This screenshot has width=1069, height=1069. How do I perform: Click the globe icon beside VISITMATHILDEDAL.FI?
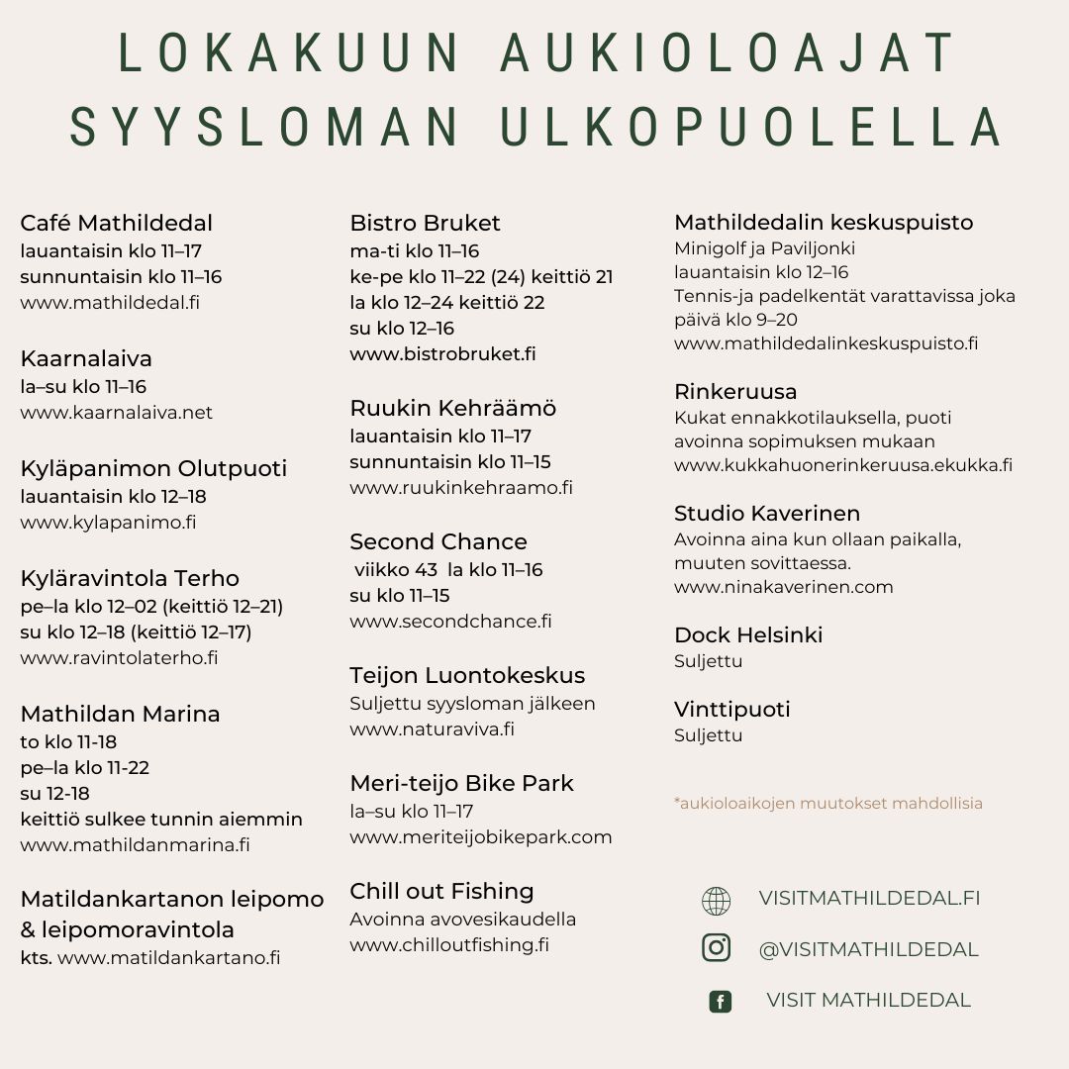click(716, 901)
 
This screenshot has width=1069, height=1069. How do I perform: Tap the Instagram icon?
click(716, 948)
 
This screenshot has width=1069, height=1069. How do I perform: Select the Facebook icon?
click(721, 1002)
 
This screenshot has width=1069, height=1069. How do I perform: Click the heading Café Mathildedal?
click(116, 224)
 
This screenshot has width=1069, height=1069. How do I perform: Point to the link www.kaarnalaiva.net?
click(116, 413)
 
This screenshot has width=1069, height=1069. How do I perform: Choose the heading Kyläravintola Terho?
click(130, 578)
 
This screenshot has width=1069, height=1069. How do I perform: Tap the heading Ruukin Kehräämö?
click(452, 408)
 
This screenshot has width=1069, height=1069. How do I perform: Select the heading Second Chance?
click(437, 542)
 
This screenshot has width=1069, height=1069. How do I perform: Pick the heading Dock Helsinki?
click(747, 635)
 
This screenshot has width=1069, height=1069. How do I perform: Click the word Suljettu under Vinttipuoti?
click(708, 735)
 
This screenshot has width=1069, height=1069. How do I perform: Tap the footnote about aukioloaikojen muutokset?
click(828, 804)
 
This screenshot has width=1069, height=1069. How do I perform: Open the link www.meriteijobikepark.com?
click(480, 837)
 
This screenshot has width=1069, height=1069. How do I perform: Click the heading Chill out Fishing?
click(441, 891)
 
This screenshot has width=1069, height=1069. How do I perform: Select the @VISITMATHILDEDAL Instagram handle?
click(868, 949)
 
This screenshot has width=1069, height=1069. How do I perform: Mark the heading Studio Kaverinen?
click(766, 514)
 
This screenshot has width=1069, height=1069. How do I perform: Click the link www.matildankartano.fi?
click(168, 958)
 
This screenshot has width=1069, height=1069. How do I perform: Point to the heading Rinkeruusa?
click(734, 392)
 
